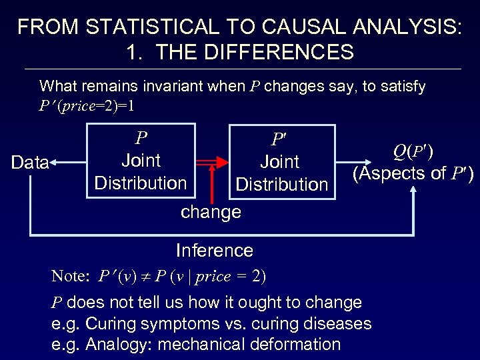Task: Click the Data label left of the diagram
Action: click(x=30, y=162)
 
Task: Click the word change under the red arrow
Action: click(x=211, y=213)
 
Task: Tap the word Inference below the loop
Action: click(x=214, y=251)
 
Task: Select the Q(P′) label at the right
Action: click(x=413, y=151)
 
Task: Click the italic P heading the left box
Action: click(x=141, y=138)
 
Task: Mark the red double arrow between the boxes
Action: click(x=211, y=161)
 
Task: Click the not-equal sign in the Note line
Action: click(x=144, y=276)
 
